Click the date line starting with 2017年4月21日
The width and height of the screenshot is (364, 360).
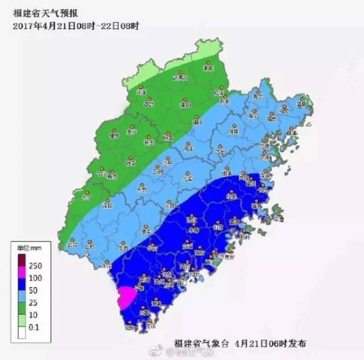(x=76, y=25)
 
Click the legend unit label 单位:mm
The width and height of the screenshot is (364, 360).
(x=28, y=246)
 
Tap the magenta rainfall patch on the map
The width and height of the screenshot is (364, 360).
(x=127, y=297)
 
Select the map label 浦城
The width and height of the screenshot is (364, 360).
(x=209, y=69)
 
